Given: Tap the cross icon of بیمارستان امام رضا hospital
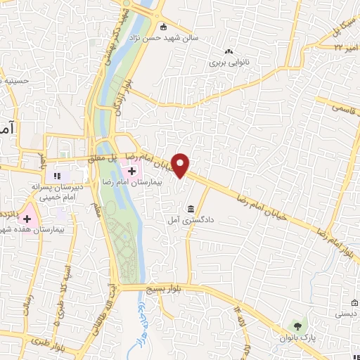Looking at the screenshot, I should [131, 170].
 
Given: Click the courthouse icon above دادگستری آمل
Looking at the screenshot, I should [191, 208].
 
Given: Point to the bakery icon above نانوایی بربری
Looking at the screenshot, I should [228, 51].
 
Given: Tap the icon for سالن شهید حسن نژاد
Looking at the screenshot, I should [163, 27].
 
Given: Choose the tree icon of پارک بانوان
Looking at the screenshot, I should [297, 326].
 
